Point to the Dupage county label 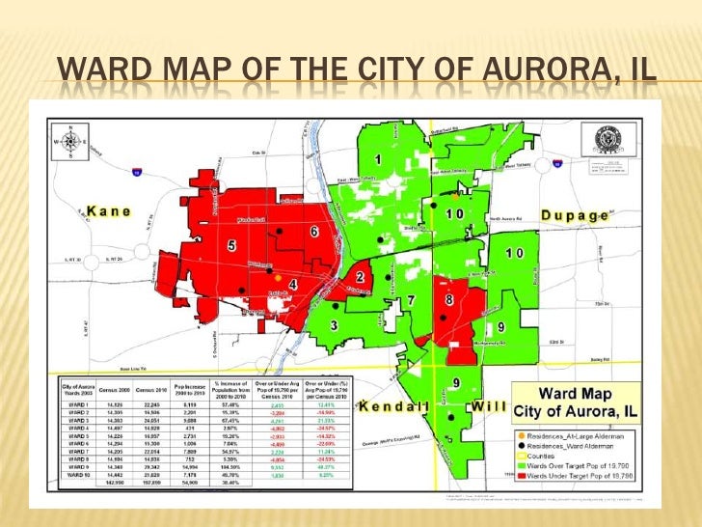(x=574, y=215)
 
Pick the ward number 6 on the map (x=314, y=232)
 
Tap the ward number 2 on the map (x=359, y=276)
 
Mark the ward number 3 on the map (x=334, y=326)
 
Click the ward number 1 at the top (x=378, y=158)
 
